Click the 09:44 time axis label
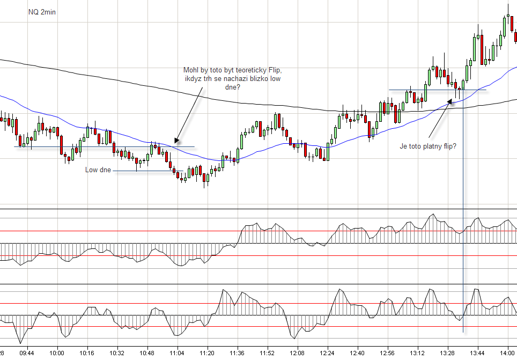click(x=27, y=353)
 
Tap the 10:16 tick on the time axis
click(x=87, y=353)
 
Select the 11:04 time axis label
click(x=177, y=353)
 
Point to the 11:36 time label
click(x=237, y=353)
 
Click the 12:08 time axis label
click(x=297, y=353)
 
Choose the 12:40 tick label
click(x=357, y=353)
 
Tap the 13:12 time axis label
click(x=417, y=353)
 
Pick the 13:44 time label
click(x=477, y=353)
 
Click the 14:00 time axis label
click(x=507, y=353)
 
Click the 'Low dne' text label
click(x=98, y=170)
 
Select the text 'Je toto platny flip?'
click(x=428, y=145)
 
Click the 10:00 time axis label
click(x=57, y=353)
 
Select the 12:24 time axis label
click(x=327, y=353)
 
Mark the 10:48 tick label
click(x=147, y=353)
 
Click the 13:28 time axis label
click(x=447, y=353)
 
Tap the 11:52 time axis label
click(x=267, y=353)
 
